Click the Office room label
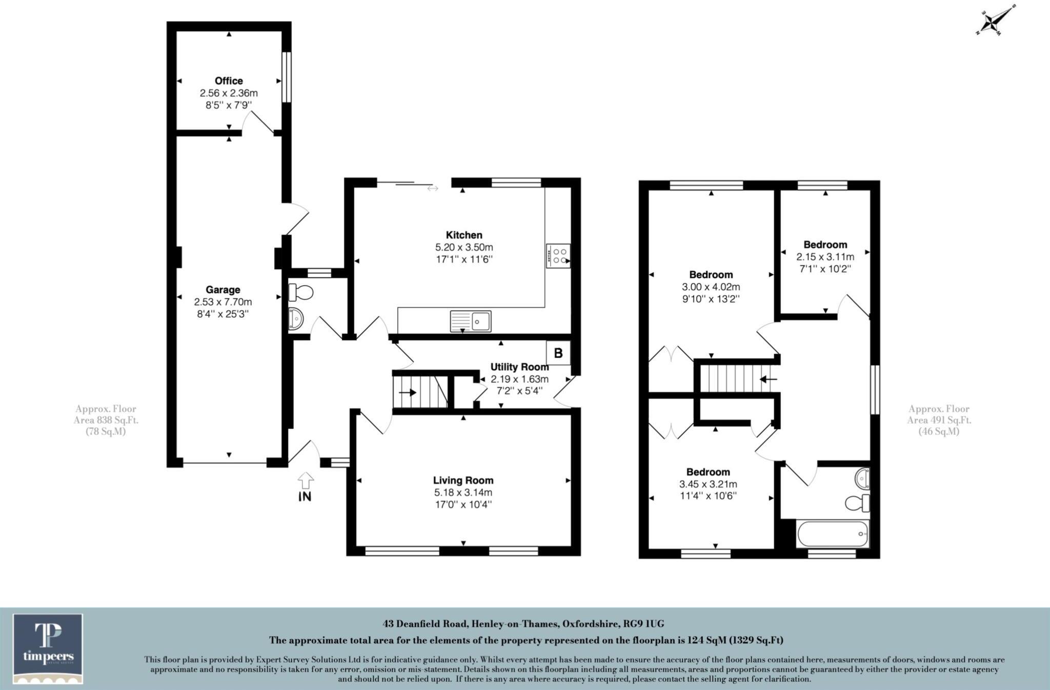click(229, 81)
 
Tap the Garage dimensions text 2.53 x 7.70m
click(223, 302)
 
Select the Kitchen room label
click(464, 235)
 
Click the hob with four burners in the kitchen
click(558, 256)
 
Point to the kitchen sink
click(471, 321)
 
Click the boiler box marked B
click(558, 353)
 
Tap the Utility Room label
click(519, 367)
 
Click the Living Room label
click(463, 480)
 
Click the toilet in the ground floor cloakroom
click(301, 293)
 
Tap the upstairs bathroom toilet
click(857, 503)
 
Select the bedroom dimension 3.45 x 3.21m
click(708, 484)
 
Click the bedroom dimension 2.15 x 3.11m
click(825, 257)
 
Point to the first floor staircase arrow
click(768, 379)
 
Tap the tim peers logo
click(48, 648)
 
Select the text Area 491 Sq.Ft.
click(939, 420)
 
